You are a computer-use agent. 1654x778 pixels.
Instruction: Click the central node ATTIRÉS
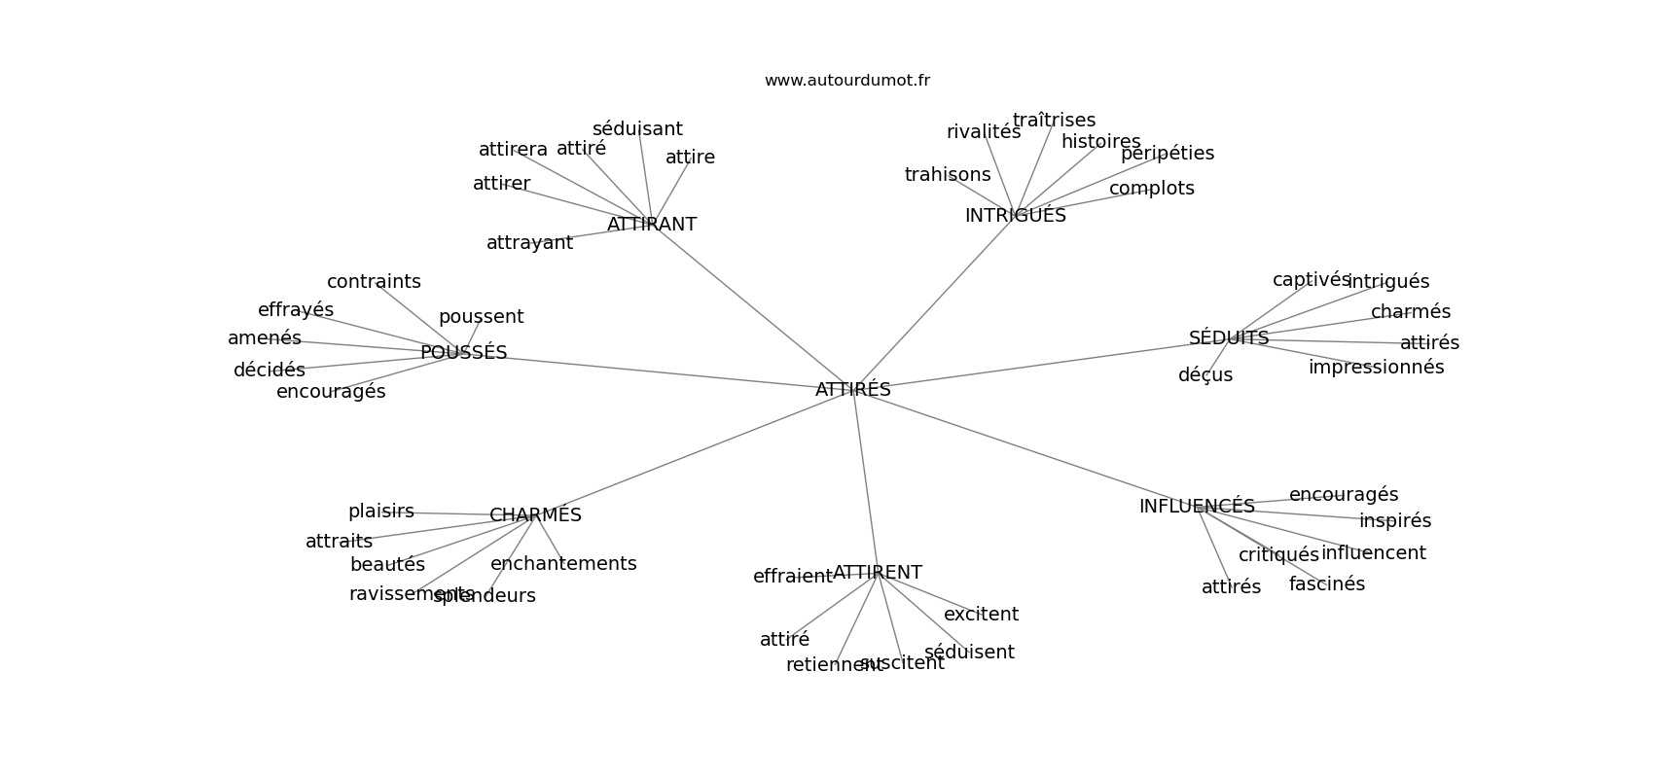click(852, 390)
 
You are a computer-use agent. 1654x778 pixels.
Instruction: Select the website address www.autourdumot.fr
click(846, 81)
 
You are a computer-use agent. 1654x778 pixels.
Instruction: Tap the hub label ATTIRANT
click(651, 225)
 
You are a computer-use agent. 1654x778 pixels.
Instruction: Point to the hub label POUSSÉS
click(463, 353)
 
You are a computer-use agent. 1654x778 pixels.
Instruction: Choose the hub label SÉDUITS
click(1228, 338)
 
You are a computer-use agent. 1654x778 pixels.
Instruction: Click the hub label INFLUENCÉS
click(1196, 507)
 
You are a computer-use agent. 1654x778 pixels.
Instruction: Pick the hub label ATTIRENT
click(877, 573)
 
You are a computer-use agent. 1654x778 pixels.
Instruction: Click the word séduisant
click(637, 129)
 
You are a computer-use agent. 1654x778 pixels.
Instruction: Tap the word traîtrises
click(1054, 121)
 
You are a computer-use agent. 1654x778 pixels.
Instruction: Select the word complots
click(1151, 189)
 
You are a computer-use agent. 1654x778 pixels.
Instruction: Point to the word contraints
click(374, 282)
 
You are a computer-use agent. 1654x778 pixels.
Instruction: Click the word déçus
click(1205, 375)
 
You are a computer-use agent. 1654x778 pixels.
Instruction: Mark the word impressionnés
click(1376, 368)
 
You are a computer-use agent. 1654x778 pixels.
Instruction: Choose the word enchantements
click(563, 564)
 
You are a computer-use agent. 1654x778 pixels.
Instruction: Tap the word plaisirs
click(380, 512)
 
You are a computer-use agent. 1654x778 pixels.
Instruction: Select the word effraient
click(792, 577)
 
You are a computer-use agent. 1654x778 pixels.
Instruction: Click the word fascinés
click(1326, 584)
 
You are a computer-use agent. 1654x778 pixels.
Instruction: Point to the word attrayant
click(529, 243)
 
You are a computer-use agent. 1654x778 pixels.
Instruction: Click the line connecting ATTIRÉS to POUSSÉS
click(662, 371)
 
